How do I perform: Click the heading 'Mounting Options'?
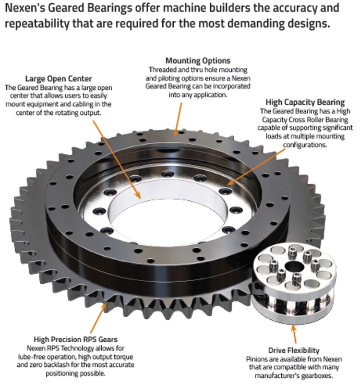[198, 61]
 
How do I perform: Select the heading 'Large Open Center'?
[58, 79]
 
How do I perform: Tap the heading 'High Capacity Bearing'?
[305, 102]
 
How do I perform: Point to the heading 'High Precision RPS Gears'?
[76, 339]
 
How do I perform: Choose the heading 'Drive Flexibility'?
[294, 351]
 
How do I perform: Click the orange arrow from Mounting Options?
[178, 119]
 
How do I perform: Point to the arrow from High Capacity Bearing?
[256, 166]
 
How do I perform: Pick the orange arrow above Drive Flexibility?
[294, 334]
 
